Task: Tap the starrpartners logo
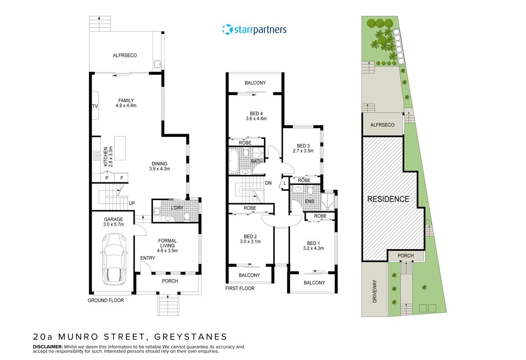(x=254, y=30)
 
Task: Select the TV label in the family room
(x=94, y=106)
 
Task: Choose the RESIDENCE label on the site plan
(x=388, y=199)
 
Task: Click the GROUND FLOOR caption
(x=106, y=300)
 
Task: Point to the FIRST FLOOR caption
(x=240, y=288)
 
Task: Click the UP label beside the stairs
(x=131, y=203)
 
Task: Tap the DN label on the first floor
(x=269, y=183)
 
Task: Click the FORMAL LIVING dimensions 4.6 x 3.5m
(x=167, y=251)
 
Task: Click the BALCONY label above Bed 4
(x=255, y=83)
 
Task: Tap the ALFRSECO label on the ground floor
(x=125, y=55)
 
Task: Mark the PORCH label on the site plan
(x=405, y=256)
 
